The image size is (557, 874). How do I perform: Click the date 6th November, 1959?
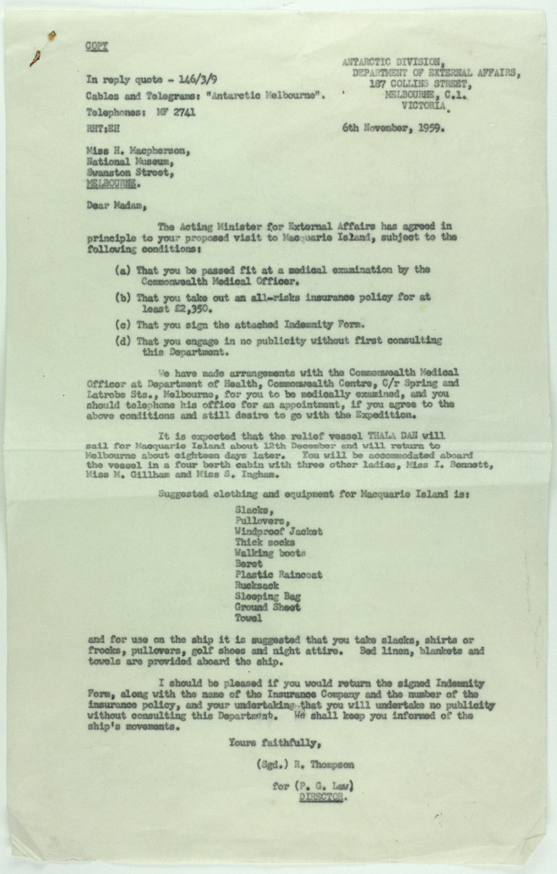pos(393,128)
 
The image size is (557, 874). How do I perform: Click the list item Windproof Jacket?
pos(278,532)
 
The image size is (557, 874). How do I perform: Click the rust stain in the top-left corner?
pos(52,36)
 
